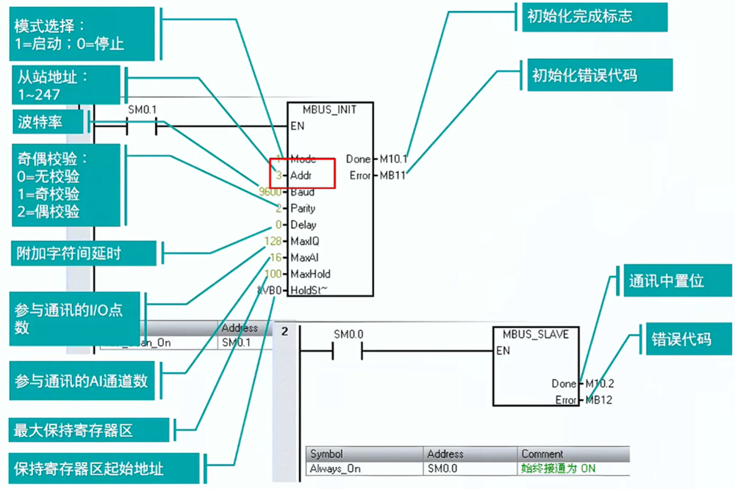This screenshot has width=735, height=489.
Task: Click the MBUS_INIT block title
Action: point(329,110)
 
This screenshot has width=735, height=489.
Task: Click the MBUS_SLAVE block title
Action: point(535,335)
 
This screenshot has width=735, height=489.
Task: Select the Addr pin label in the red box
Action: point(301,176)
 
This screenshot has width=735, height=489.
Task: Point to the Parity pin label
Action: point(303,208)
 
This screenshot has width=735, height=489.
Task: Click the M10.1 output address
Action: point(393,159)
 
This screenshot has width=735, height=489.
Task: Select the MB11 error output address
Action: point(392,176)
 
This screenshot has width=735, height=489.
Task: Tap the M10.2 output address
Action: point(599,384)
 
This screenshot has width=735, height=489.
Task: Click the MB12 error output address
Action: point(598,400)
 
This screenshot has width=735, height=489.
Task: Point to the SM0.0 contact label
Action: point(348,334)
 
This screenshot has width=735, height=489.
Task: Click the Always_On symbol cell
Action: point(335,468)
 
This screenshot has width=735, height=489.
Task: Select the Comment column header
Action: point(542,454)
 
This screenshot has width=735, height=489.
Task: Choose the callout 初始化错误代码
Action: point(584,76)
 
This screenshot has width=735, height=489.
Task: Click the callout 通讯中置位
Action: point(666,281)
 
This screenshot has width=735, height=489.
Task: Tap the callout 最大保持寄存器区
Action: point(74,430)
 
